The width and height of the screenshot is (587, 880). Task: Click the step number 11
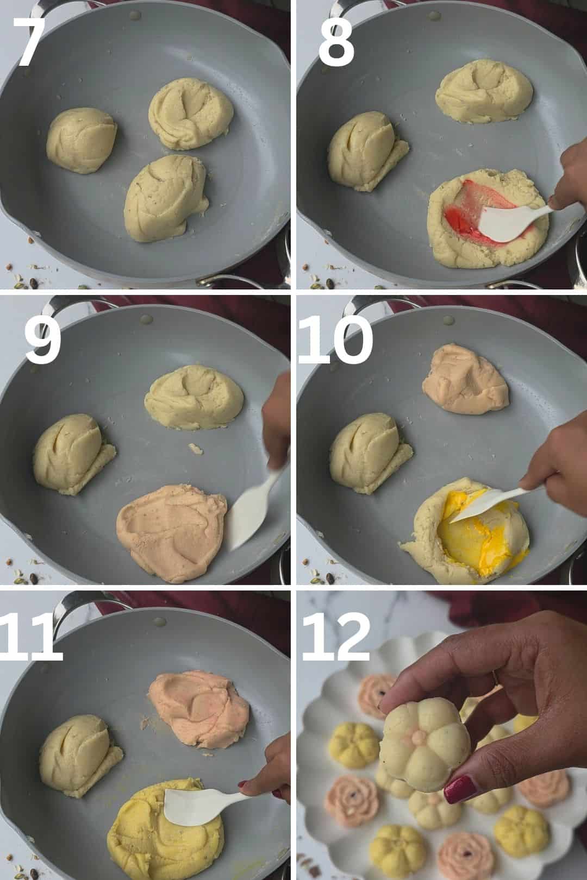pos(30,637)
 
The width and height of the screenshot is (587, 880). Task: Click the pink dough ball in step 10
pos(465,377)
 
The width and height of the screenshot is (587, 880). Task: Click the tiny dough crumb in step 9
pos(196,448)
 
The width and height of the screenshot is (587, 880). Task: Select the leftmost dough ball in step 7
pos(82,141)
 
